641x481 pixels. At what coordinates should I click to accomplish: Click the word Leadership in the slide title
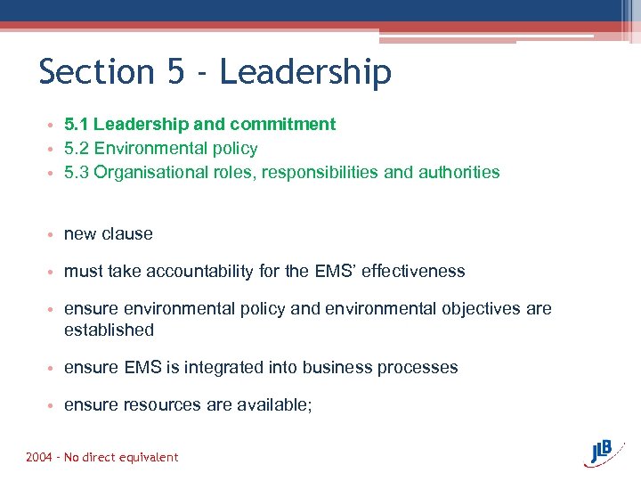[x=305, y=72]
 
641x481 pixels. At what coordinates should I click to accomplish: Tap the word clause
[x=127, y=234]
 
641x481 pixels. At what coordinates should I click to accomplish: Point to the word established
[x=109, y=330]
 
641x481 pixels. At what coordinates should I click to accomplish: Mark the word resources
[x=162, y=405]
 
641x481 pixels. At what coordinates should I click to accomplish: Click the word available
[x=272, y=405]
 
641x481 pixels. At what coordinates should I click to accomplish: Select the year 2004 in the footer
[x=39, y=458]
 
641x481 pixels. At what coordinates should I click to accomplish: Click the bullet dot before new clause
[x=54, y=235]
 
